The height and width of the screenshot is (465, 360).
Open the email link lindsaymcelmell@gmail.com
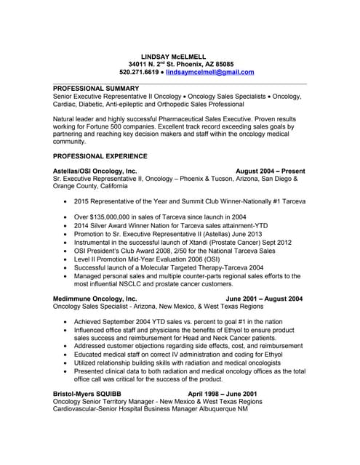click(x=209, y=73)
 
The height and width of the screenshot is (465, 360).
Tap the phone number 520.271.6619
click(x=139, y=73)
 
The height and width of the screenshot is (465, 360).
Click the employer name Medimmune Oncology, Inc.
click(x=95, y=299)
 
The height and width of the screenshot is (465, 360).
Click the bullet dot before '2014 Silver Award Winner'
click(x=67, y=226)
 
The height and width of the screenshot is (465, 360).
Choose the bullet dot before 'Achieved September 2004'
click(x=67, y=320)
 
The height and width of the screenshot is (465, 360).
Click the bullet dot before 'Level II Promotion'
click(x=67, y=259)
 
